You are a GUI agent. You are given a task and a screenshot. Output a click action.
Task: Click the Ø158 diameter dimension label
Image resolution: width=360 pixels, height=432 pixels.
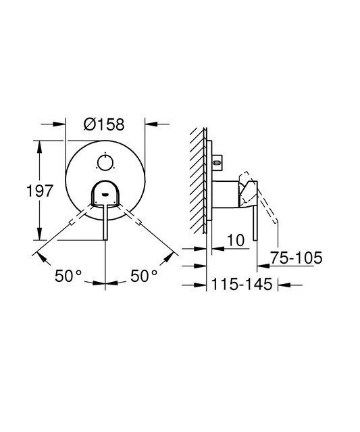(x=104, y=124)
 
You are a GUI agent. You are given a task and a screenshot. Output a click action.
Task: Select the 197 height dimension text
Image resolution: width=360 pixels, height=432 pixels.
(x=39, y=191)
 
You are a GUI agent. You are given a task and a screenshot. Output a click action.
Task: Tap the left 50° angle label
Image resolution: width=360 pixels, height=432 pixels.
(x=68, y=276)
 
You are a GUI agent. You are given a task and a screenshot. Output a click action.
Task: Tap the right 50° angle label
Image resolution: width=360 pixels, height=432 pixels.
(x=144, y=276)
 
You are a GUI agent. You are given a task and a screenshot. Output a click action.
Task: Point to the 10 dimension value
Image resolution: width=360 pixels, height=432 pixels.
(x=236, y=240)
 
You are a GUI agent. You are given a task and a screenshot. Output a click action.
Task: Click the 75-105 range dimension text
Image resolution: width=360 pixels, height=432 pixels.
(x=296, y=258)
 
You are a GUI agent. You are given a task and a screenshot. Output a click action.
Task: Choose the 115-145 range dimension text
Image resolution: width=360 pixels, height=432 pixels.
(x=242, y=284)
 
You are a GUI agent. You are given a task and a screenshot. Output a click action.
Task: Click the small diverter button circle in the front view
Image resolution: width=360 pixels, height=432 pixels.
(x=105, y=162)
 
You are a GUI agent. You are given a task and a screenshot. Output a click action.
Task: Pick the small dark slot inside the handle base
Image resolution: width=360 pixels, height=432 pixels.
(x=105, y=195)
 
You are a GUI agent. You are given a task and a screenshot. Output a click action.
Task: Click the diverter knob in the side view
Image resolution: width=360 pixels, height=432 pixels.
(x=217, y=163)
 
